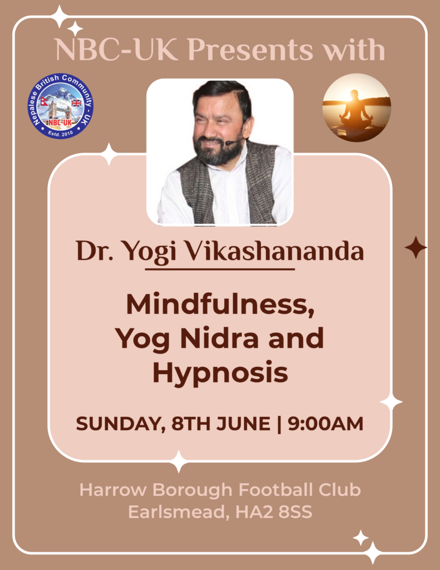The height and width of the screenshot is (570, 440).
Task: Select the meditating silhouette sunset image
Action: [x=357, y=107]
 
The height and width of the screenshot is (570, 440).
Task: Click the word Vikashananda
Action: [x=275, y=251]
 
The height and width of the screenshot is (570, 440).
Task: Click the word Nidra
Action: [x=220, y=338]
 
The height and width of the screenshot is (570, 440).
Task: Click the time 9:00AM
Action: [x=325, y=424]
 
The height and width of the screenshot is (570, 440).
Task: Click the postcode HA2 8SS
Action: [x=274, y=512]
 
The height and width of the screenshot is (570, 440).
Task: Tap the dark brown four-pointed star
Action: [x=416, y=247]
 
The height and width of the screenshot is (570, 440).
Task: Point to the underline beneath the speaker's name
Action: [x=220, y=269]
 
